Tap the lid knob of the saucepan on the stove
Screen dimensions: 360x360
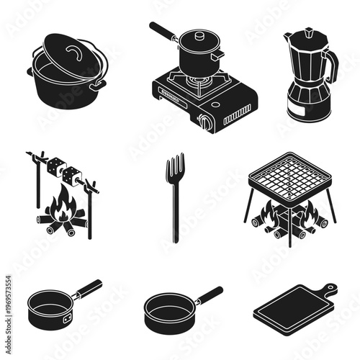[199, 33]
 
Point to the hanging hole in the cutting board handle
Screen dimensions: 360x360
[330, 289]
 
